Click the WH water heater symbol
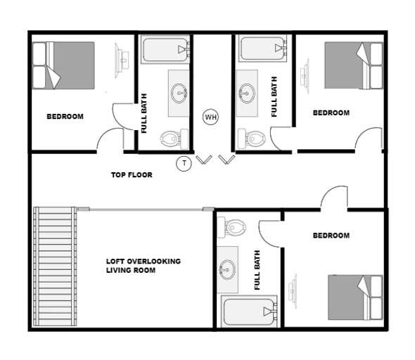210,117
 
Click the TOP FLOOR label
132,174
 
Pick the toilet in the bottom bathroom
234,227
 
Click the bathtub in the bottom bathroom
248,311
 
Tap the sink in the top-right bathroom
247,91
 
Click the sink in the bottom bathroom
227,268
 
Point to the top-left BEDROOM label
65,117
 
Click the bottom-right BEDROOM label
331,236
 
